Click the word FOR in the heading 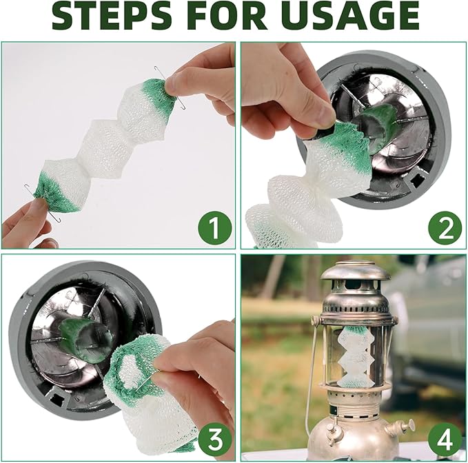(x=229, y=16)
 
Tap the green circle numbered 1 (x=214, y=227)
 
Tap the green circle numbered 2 (x=445, y=227)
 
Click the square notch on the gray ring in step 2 (x=417, y=180)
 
